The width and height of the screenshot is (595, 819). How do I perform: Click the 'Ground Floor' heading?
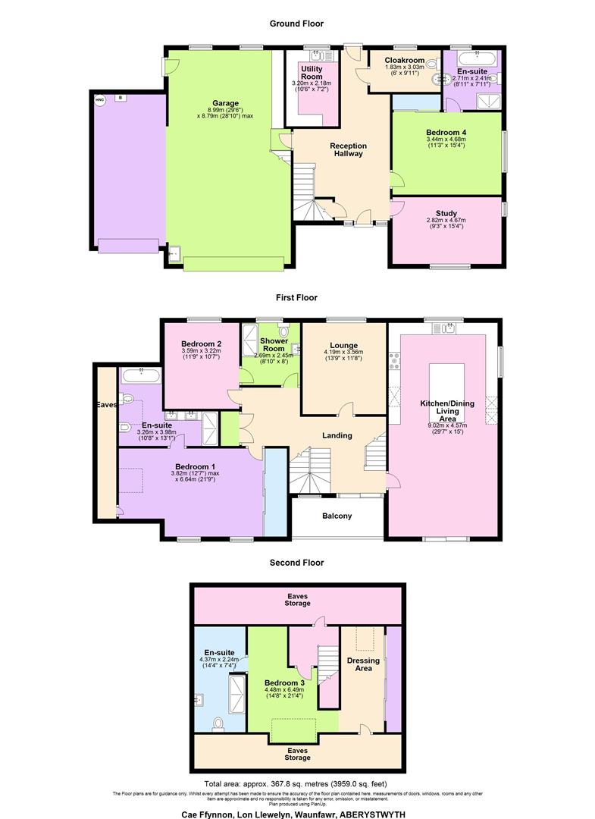[x=297, y=24]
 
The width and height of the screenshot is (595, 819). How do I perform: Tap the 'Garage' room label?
[x=226, y=103]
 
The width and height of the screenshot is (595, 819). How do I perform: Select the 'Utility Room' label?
[x=312, y=73]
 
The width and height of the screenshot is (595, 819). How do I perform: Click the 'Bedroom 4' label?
[x=446, y=132]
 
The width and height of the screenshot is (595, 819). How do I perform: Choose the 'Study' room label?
[x=446, y=213]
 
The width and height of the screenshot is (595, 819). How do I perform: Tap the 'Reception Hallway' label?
[x=348, y=149]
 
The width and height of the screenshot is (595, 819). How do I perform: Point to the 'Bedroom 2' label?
[x=201, y=344]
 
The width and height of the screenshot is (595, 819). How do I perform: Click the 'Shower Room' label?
[x=269, y=345]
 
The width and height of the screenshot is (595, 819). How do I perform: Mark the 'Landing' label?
[x=337, y=435]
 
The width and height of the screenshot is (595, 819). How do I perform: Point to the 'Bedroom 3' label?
[x=284, y=682]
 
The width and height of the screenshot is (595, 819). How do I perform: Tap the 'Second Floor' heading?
[x=297, y=563]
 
